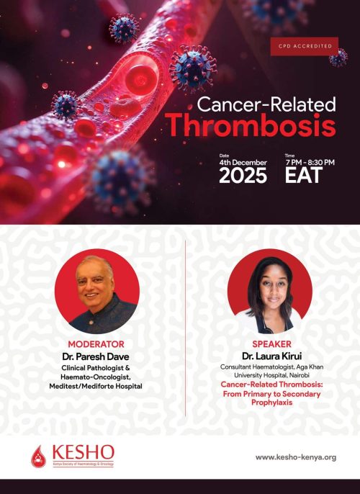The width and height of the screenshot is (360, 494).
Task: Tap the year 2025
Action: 243,176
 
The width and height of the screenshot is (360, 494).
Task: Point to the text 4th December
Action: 243,162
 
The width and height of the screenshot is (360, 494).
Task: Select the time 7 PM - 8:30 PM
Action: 310,162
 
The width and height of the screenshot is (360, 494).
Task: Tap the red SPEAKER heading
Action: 271,344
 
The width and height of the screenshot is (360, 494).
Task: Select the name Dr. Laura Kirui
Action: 271,356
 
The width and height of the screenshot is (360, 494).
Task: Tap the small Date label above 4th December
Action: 224,155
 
